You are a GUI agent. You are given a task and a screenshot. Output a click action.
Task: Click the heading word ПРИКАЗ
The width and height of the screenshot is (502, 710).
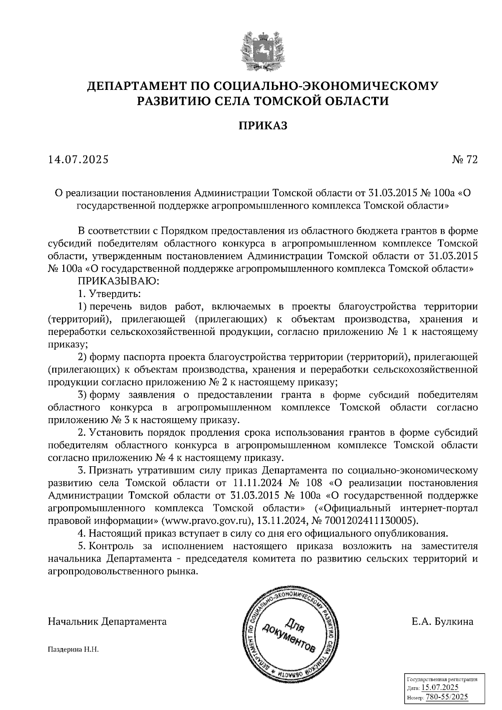(263, 126)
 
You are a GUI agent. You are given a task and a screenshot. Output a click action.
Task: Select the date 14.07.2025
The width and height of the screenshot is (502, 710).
(78, 159)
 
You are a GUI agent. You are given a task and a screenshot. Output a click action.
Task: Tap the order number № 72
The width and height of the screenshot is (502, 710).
(464, 159)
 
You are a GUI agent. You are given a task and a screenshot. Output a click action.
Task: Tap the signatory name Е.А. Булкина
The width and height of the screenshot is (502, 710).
(442, 622)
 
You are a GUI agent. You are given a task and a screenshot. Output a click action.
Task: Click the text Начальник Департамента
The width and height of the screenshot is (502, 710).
(108, 622)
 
